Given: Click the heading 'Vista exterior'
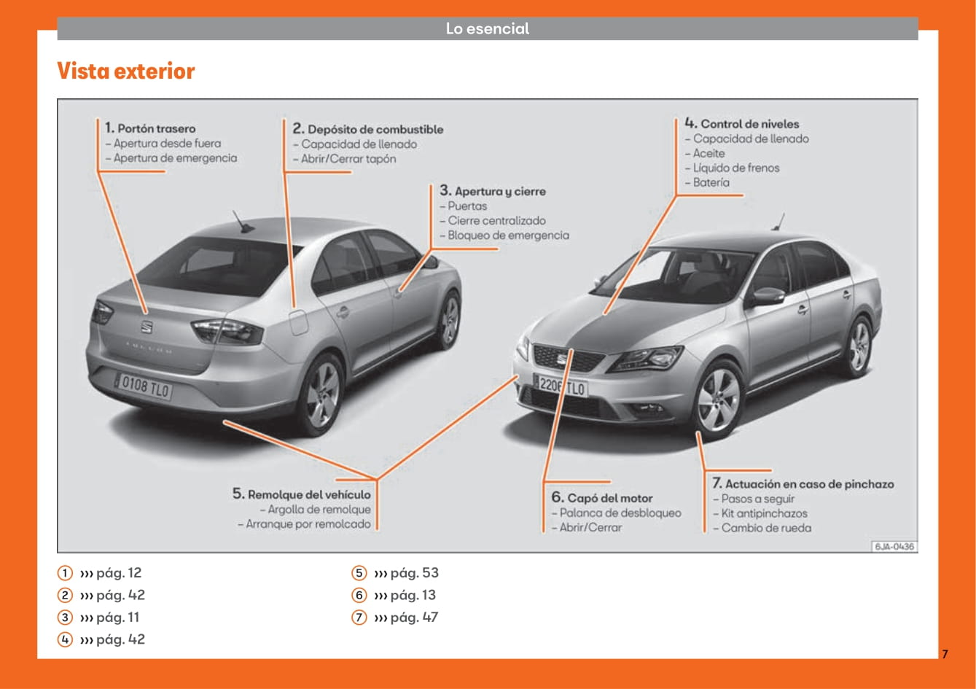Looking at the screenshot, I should point(125,71).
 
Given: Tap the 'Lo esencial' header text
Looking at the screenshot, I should point(488,29).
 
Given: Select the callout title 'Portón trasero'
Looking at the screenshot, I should point(156,128).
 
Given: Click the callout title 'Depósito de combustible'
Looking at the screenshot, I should point(375,129).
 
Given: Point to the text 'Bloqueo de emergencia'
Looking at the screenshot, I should point(508,235).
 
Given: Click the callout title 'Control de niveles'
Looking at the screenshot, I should point(749,124).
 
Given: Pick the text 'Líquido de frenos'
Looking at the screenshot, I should point(736,168).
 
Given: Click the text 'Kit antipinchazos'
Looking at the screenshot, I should point(764,513).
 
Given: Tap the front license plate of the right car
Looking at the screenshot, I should point(560,386).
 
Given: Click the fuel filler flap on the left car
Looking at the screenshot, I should point(299,322).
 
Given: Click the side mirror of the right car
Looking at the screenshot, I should point(768,295).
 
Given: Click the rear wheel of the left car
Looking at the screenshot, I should point(321,394).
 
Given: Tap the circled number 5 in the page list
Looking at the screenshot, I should point(359,573).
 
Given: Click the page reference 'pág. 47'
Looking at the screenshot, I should point(413,618).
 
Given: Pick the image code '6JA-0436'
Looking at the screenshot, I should point(894,546).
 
